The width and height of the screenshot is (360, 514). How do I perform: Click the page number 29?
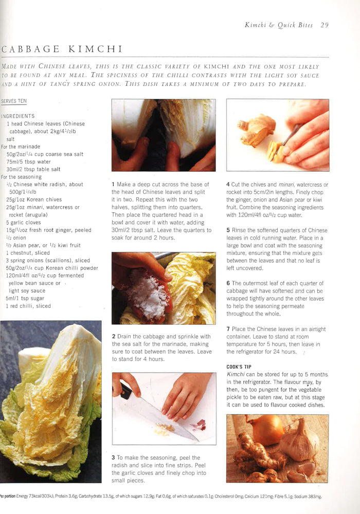[324, 24]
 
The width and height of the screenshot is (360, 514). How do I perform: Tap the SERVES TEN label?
[14, 101]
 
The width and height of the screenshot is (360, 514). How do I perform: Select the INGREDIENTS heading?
[18, 116]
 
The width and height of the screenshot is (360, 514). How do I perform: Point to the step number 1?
[113, 184]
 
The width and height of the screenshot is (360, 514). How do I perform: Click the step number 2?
[113, 337]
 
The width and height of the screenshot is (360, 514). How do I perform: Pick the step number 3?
[113, 457]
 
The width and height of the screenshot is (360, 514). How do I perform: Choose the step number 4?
[228, 185]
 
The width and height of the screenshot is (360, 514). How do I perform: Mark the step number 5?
[228, 230]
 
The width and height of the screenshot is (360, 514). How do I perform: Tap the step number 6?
[228, 283]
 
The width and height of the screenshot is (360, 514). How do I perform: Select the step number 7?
[228, 329]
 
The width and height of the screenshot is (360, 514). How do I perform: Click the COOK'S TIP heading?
[239, 366]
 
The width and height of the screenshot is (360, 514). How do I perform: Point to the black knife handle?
[125, 391]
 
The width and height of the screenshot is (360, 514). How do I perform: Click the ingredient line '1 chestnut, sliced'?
[28, 253]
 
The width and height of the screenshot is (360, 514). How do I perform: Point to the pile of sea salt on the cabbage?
[147, 296]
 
